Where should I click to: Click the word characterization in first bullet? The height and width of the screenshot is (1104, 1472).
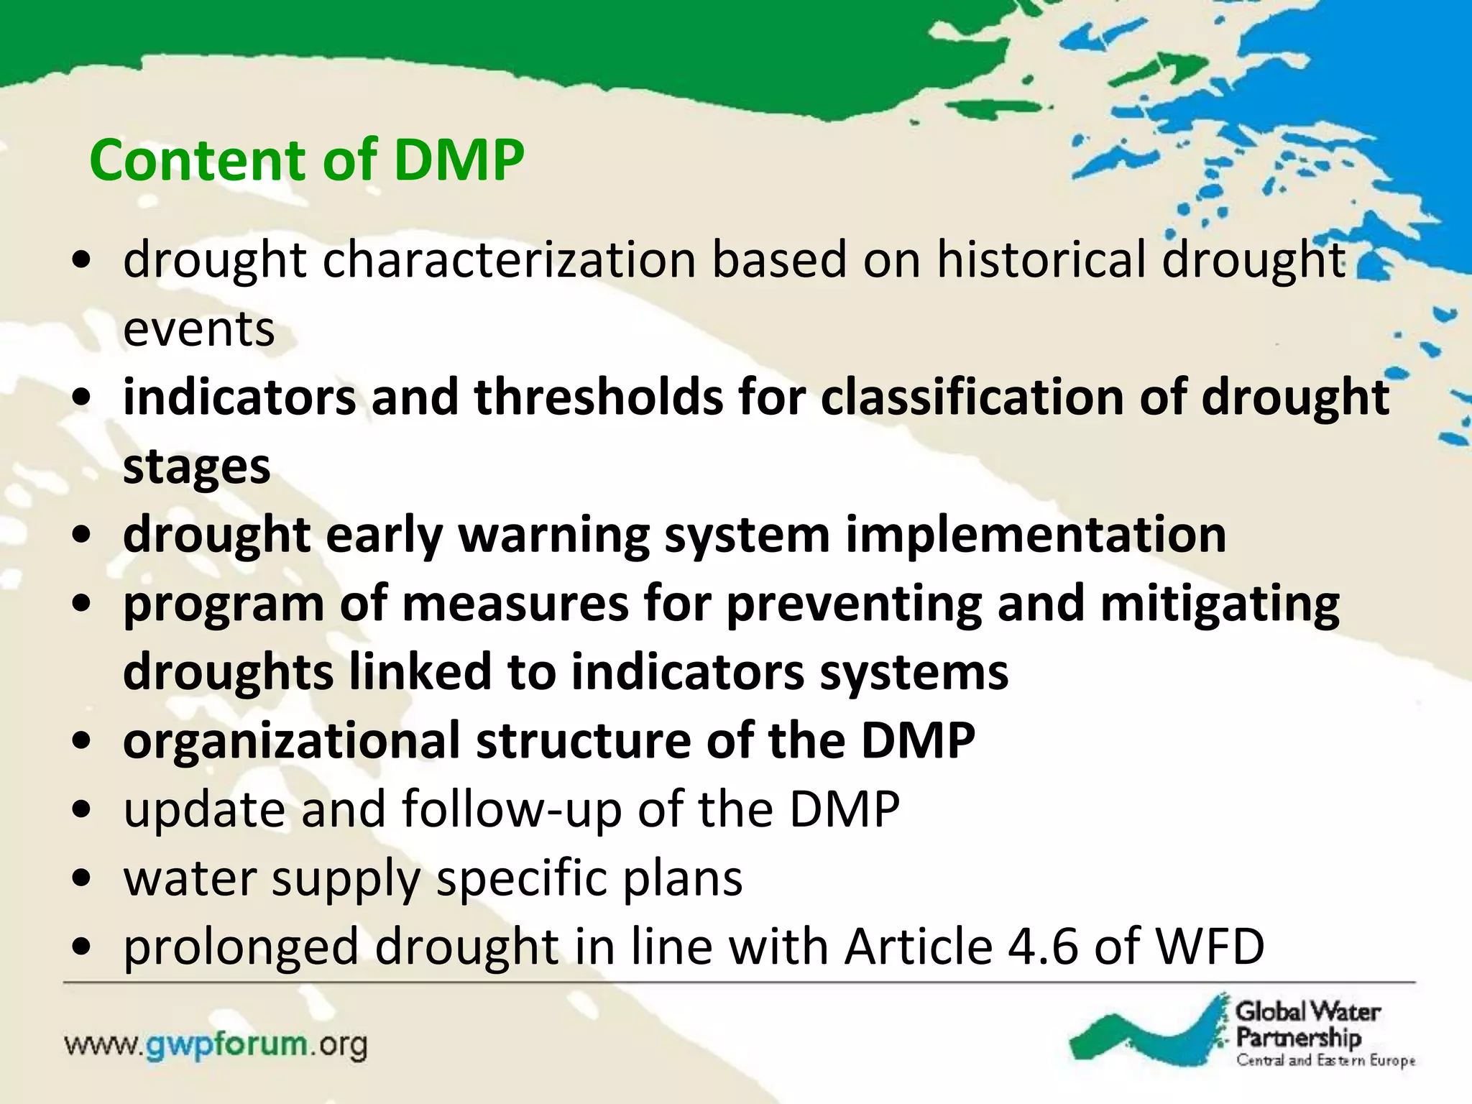509,259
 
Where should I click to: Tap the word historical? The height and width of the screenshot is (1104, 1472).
1041,259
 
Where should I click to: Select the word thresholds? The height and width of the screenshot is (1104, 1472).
598,397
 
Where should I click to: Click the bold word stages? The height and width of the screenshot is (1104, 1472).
196,467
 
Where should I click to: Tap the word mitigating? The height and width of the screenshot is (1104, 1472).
1220,604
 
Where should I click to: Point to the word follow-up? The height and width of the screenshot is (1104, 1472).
512,810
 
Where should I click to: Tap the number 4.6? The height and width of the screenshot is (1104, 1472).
1042,947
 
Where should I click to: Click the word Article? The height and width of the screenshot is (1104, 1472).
918,947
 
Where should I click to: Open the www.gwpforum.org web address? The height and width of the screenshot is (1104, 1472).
216,1044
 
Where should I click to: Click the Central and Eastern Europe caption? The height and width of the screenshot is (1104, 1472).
1325,1060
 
